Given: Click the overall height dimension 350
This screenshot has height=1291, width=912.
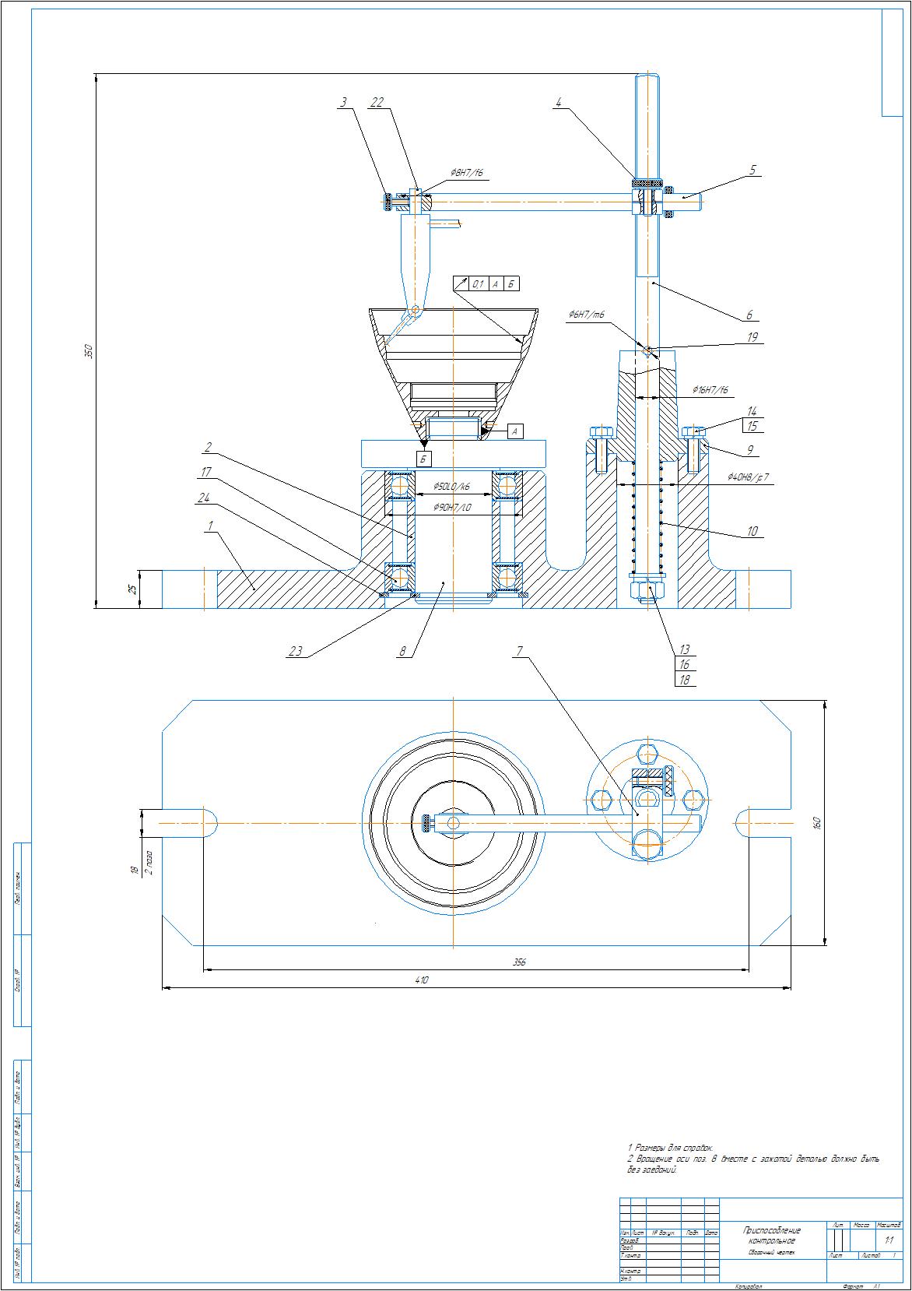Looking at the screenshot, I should [x=88, y=350].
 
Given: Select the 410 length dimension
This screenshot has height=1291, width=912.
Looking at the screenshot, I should [x=422, y=980].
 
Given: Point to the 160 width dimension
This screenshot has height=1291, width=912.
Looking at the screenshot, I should [x=816, y=822].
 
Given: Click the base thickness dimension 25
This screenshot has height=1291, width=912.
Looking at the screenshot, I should [x=132, y=589].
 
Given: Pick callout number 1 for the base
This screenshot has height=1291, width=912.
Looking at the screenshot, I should [x=209, y=526].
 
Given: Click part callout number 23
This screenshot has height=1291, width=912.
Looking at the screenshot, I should [x=296, y=652].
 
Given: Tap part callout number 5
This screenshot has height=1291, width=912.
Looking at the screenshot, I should [x=752, y=169].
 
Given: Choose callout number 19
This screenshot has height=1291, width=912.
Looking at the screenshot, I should [x=752, y=337].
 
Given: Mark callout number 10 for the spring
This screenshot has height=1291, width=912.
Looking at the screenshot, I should [x=752, y=531].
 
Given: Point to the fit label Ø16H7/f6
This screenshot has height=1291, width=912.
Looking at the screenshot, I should [x=710, y=389].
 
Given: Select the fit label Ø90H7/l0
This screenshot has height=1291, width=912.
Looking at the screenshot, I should [x=451, y=508].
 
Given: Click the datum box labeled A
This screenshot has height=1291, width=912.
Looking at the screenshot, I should [x=516, y=431].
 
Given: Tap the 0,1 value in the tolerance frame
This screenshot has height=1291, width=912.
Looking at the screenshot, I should [x=479, y=284].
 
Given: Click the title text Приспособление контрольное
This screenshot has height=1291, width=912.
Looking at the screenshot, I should [x=772, y=1235].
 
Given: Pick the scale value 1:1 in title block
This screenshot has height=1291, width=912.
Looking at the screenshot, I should [x=889, y=1240].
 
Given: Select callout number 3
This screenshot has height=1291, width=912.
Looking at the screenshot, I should [x=342, y=102].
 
